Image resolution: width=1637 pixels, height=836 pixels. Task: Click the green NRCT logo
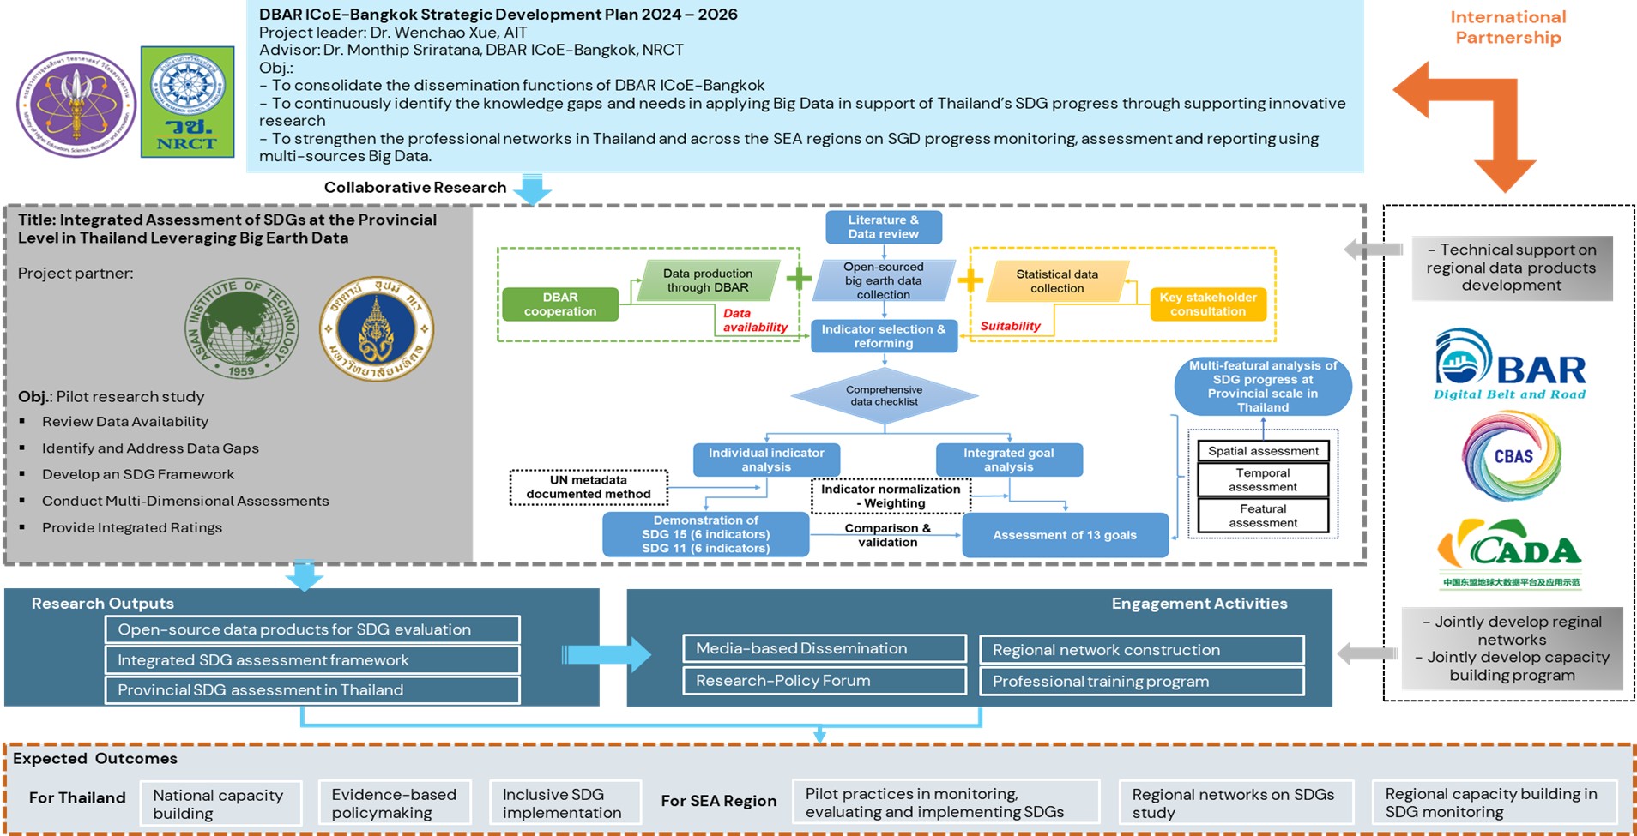pos(187,102)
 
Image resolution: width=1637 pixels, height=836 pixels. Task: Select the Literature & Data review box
pos(883,227)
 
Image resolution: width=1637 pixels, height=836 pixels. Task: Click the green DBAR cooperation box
pos(559,304)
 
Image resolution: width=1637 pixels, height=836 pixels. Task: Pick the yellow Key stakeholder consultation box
pos(1207,304)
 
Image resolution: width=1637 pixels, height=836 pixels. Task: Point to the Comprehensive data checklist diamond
pos(884,396)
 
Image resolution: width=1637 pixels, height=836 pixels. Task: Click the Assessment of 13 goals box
pos(1064,535)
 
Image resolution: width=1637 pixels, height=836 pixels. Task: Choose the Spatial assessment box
pos(1263,451)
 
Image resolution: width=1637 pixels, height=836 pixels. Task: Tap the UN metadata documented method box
pos(589,487)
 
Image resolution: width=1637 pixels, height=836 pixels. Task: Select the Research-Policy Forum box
pos(824,681)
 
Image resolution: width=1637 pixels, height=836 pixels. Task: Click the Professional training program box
pos(1141,682)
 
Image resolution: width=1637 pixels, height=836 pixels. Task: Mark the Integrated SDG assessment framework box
pos(312,660)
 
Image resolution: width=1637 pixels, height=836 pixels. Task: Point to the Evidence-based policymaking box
pos(394,803)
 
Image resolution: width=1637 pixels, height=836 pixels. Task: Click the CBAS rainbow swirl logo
pos(1512,456)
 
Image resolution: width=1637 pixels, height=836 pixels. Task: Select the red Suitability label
pos(1010,326)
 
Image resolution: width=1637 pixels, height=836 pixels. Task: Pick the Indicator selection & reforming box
pos(883,336)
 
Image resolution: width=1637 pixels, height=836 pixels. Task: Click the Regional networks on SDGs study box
pos(1235,803)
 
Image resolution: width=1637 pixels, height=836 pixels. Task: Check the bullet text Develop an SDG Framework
pos(137,474)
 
